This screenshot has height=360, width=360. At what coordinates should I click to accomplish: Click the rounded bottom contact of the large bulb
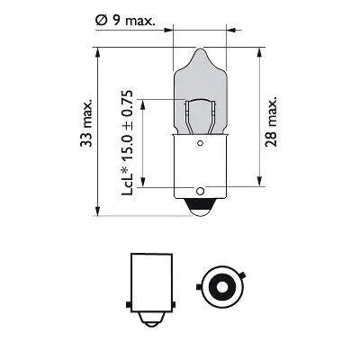tap(199, 207)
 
